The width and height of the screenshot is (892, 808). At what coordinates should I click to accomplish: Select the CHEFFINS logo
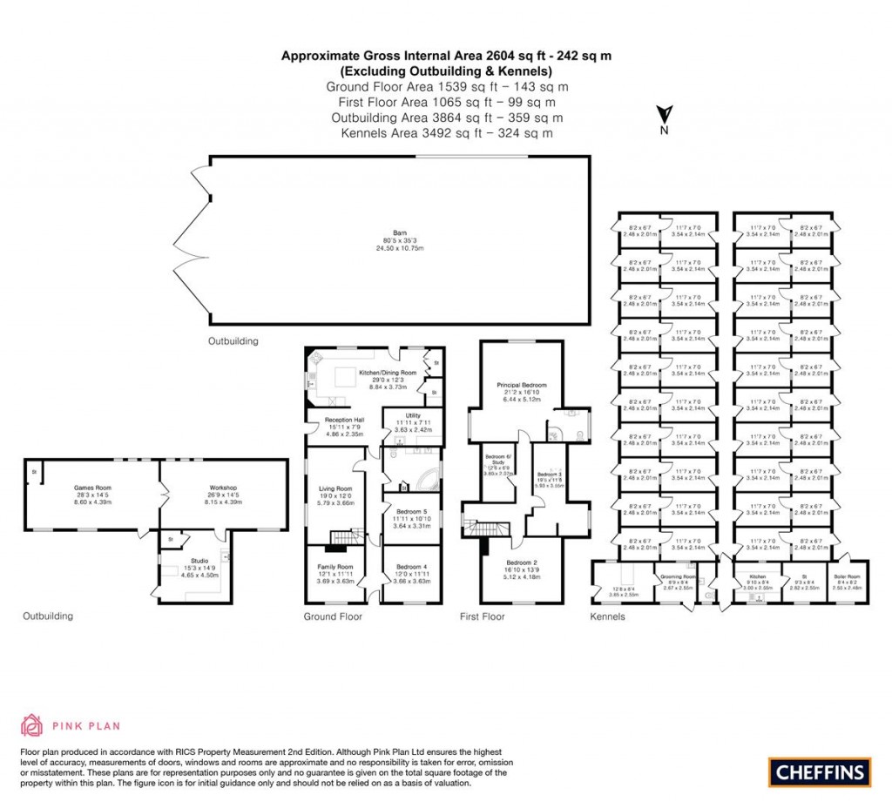point(820,771)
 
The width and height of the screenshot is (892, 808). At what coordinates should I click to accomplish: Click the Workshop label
point(224,488)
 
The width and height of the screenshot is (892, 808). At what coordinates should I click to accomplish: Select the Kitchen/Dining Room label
point(389,373)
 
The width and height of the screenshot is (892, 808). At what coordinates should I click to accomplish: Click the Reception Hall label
point(345,420)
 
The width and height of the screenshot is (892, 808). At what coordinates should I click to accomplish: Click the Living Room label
point(335,488)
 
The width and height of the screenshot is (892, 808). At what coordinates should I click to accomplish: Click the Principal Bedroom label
point(522,385)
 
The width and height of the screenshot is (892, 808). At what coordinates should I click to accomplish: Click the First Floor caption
point(482,616)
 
